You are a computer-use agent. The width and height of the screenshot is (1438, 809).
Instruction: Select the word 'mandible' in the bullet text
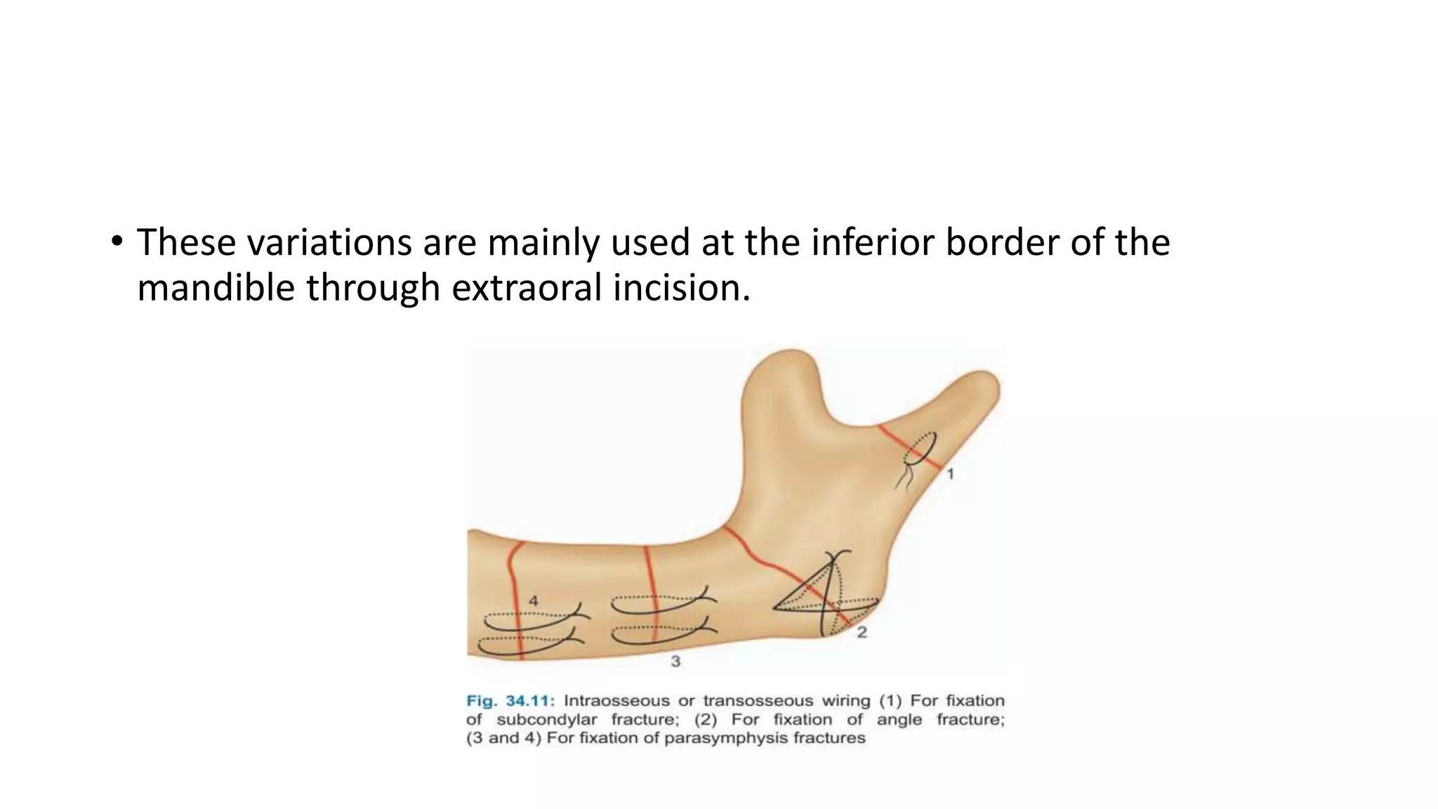click(216, 288)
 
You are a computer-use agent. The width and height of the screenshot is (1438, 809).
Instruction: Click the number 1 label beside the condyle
click(950, 474)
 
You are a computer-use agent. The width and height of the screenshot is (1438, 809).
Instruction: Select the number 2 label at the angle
click(862, 632)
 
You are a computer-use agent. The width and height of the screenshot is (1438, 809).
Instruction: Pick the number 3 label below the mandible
click(675, 661)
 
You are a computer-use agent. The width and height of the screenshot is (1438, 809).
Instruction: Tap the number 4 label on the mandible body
click(534, 601)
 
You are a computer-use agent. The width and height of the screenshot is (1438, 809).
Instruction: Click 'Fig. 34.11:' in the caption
click(510, 701)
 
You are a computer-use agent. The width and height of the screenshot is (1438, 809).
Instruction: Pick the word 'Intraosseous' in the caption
click(616, 701)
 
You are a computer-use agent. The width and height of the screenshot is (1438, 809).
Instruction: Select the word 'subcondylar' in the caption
click(548, 720)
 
